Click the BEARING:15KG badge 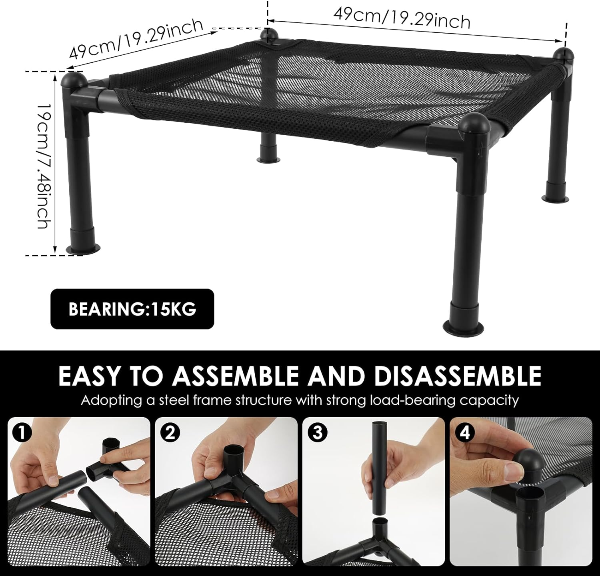132,309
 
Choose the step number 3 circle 317,434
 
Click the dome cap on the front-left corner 74,80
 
